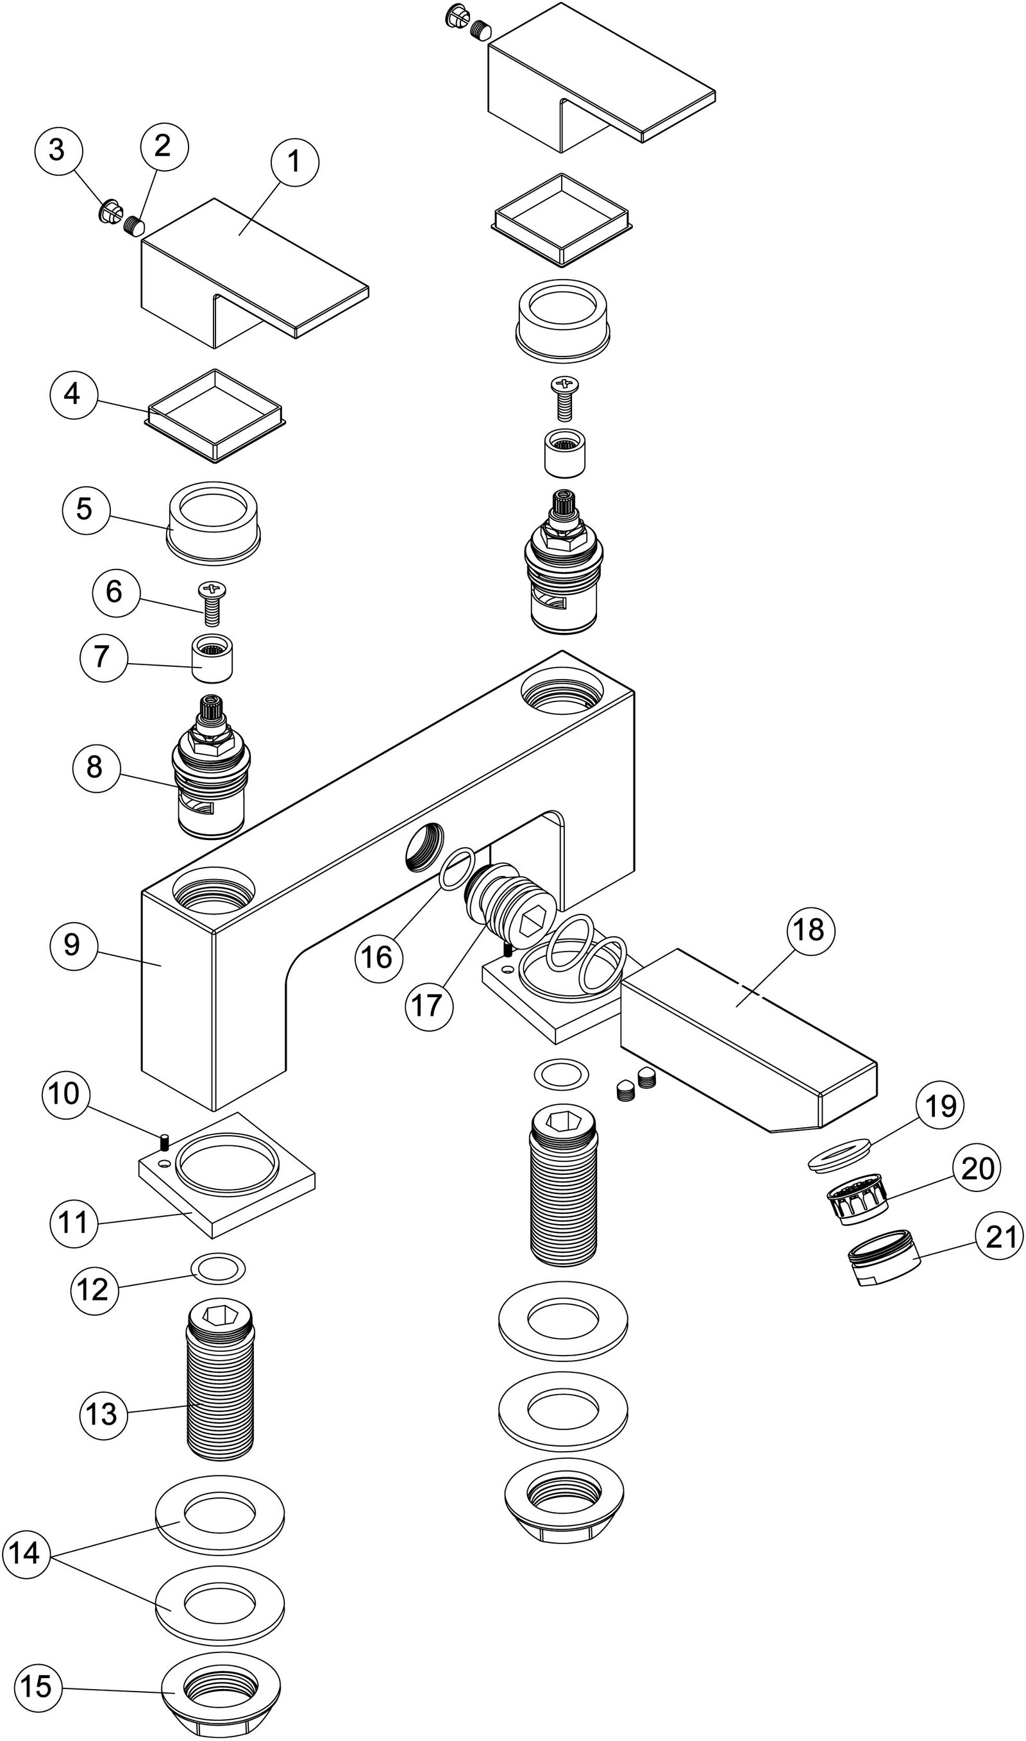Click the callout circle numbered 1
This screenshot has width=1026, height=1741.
(294, 162)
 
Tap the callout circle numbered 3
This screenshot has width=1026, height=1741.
(57, 150)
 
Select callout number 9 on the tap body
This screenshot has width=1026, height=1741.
(72, 945)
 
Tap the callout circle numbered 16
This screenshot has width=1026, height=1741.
(378, 957)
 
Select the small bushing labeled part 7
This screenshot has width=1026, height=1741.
(212, 663)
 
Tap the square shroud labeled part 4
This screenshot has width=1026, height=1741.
(216, 416)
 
